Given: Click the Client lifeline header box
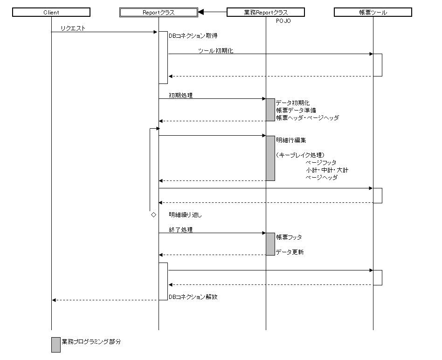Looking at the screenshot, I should tap(51, 13).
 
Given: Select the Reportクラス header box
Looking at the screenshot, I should tap(159, 13).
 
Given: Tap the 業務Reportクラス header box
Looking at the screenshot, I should tap(265, 13).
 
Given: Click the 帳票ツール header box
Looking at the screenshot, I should tap(373, 13).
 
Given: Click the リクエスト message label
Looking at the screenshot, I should tap(73, 29).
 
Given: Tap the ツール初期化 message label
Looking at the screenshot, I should tap(215, 51).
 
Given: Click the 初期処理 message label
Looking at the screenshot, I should tap(181, 95).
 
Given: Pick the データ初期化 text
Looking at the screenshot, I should tap(292, 103).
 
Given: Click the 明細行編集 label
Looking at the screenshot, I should tap(291, 140).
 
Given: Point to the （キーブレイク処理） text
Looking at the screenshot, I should tap(300, 155).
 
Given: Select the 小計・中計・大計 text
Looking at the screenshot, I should tap(327, 170).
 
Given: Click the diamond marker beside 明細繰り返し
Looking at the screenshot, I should tap(153, 215).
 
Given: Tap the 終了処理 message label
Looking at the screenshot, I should tap(181, 229).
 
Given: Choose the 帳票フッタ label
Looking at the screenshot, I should tap(289, 237).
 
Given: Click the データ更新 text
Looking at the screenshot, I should tap(290, 252).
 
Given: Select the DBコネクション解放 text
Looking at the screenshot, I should tap(193, 297).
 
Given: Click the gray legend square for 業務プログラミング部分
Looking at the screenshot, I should tap(56, 345).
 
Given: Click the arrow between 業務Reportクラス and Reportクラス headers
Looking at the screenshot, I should tap(212, 12).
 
